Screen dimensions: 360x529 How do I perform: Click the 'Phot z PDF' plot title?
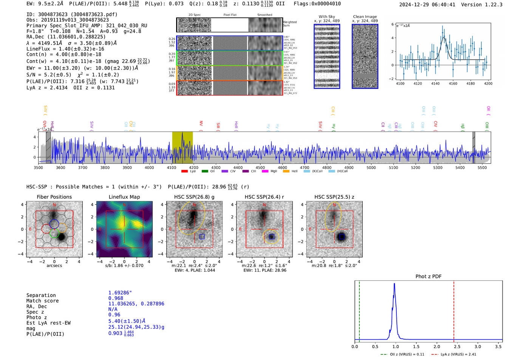point(428,277)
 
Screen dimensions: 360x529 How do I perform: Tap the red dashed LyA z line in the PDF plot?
point(454,310)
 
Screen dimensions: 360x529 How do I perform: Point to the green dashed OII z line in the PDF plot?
point(359,310)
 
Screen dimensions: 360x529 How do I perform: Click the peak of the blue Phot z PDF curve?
point(394,284)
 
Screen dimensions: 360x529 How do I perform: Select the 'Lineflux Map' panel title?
point(124,197)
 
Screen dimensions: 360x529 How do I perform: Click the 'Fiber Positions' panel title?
point(54,197)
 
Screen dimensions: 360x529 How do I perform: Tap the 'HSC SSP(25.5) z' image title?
point(334,197)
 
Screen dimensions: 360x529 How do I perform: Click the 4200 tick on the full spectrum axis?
point(193,167)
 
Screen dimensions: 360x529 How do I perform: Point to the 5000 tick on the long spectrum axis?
point(371,167)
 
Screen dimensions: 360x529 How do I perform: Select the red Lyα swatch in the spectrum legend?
point(184,172)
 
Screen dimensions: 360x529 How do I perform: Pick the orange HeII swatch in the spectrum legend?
point(286,172)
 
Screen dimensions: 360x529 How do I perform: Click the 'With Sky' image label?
point(326,17)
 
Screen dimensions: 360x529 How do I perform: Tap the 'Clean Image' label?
point(365,17)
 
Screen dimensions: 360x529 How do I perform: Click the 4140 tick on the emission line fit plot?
point(435,83)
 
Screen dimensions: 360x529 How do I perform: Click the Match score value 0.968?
point(116,298)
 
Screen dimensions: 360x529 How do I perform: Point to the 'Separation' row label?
point(41,295)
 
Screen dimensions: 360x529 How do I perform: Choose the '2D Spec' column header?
point(194,15)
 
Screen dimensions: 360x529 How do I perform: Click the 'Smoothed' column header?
point(264,15)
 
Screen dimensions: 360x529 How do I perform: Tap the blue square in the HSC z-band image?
point(342,236)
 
